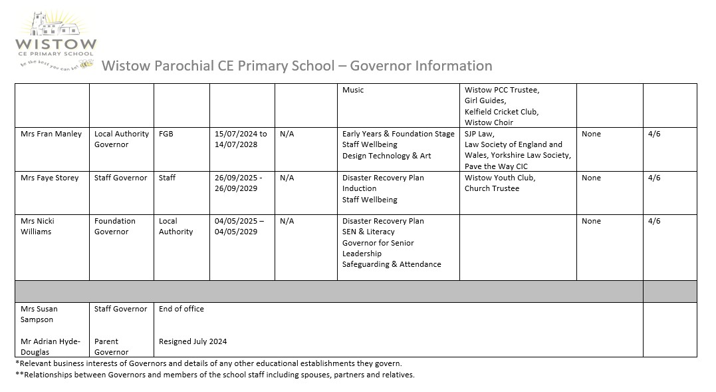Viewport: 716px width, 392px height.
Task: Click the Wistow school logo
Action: point(56,40)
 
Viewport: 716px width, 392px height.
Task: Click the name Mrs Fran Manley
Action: point(51,134)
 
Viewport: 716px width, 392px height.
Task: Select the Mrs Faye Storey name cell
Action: point(49,178)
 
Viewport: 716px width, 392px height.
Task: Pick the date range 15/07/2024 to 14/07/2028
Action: point(241,139)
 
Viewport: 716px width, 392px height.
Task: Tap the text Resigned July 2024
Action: point(193,341)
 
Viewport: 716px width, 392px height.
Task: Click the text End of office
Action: point(181,309)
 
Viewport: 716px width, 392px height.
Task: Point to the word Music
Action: point(353,90)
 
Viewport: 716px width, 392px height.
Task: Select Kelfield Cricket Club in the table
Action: point(501,112)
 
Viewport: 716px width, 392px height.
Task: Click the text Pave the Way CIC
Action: point(496,166)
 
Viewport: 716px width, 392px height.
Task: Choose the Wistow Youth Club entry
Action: point(500,178)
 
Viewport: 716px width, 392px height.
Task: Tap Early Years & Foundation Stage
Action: point(398,134)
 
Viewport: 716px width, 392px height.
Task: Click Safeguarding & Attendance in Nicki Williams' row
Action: point(392,264)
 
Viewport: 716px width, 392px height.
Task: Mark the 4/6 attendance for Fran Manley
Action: point(654,134)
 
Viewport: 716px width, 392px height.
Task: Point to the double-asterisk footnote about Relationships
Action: point(215,375)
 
